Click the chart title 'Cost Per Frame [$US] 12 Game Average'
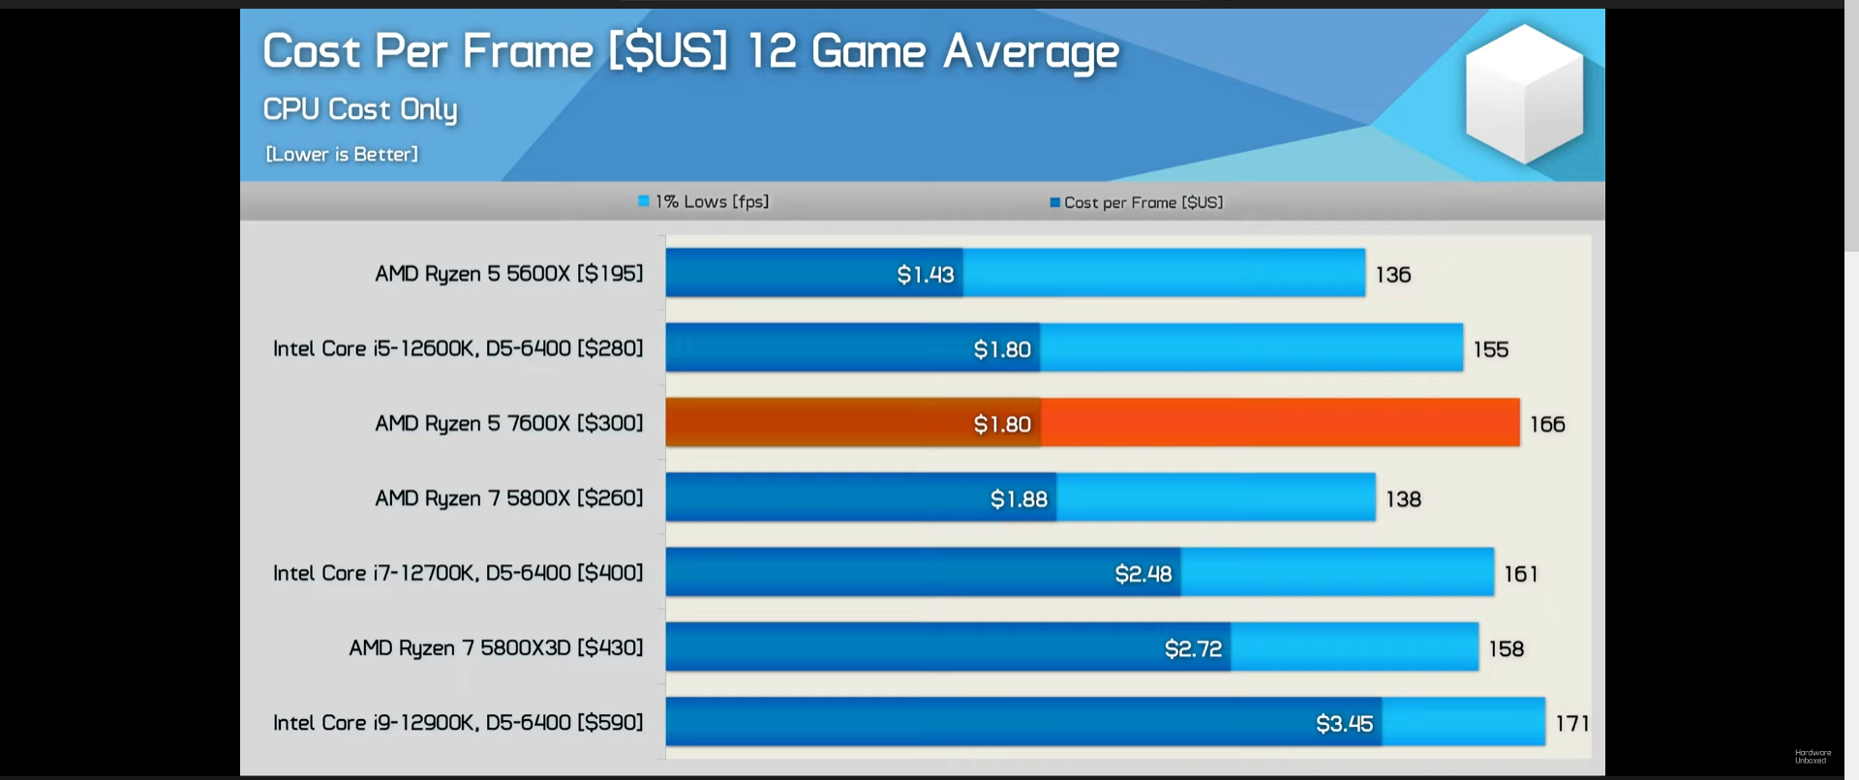[690, 51]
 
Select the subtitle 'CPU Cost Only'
[360, 109]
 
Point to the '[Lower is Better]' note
[342, 154]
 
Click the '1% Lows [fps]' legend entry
[704, 201]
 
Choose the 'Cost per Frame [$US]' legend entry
[1137, 202]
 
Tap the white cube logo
[1524, 93]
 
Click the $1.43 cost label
[926, 275]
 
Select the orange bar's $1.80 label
[1002, 424]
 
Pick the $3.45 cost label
[1344, 724]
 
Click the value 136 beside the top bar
[1393, 275]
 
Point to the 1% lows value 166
[1547, 424]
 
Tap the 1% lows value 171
[1572, 723]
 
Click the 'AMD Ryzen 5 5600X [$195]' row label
[508, 274]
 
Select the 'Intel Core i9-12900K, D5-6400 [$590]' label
[458, 723]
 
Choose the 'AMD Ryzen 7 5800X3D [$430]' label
[496, 647]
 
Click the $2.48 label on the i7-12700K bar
[1143, 574]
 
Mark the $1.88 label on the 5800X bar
[1019, 499]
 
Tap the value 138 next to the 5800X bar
[1403, 499]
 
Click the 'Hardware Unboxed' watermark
[1813, 756]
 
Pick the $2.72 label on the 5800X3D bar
[1193, 648]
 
